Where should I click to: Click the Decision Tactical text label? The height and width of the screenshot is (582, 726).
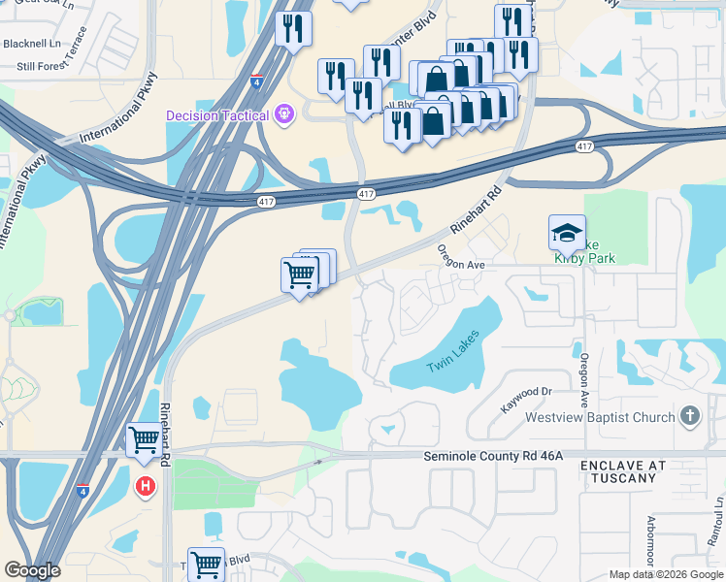[x=216, y=116]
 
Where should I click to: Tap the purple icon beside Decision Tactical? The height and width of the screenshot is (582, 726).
[x=284, y=115]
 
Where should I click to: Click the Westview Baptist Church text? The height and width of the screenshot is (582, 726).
[x=599, y=418]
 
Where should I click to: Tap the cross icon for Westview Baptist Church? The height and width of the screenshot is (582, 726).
[x=689, y=416]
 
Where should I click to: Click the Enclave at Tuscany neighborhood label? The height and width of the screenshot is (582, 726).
[x=623, y=471]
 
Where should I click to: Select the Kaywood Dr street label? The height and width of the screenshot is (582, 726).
[x=526, y=392]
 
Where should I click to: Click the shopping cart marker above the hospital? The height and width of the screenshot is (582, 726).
[x=145, y=440]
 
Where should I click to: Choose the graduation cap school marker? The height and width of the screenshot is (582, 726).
[x=567, y=233]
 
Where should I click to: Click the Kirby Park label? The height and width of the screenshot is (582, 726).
[x=584, y=257]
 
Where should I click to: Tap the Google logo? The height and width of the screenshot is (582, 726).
[x=32, y=570]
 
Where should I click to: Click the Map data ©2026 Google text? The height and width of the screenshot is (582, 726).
[x=666, y=574]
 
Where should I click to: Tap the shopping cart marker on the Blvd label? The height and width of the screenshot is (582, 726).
[x=206, y=564]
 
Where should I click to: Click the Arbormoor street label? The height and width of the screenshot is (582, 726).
[x=654, y=543]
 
